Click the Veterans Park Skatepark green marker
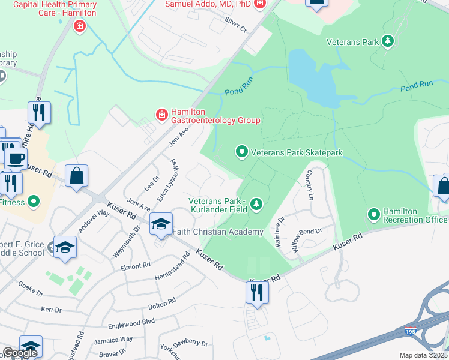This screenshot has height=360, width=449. [242, 152]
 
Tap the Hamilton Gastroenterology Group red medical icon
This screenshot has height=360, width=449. [161, 114]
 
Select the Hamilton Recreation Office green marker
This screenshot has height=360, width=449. [374, 214]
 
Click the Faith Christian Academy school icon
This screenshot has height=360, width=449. [161, 224]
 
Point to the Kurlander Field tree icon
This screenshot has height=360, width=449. [256, 205]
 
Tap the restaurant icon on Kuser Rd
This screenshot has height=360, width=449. [256, 293]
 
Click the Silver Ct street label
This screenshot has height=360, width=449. [235, 24]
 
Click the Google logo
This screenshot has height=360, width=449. [20, 353]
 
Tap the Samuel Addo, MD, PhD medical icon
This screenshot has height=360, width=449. [259, 4]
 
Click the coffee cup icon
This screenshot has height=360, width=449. [16, 158]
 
